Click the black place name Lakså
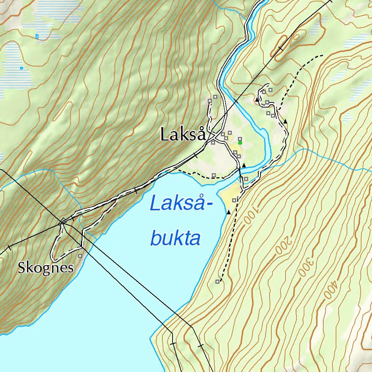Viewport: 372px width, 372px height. [183, 135]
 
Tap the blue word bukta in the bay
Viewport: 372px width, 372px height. [175, 239]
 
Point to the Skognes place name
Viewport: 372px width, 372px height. [46, 268]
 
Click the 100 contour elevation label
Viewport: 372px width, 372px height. [250, 214]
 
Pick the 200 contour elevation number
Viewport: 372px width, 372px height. [283, 244]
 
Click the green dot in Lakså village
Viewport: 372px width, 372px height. [240, 143]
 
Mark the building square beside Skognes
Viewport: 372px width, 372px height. [80, 256]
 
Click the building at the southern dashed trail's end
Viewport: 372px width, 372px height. [217, 282]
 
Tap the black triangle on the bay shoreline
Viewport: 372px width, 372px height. [229, 212]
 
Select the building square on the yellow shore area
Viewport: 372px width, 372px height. [234, 200]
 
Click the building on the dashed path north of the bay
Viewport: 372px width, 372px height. [214, 175]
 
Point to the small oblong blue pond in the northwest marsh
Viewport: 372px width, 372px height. [37, 36]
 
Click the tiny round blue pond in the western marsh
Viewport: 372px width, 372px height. [21, 68]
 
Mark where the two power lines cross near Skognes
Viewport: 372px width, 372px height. [63, 221]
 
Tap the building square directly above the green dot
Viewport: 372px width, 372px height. [240, 138]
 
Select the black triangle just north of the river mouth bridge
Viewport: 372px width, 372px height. [244, 166]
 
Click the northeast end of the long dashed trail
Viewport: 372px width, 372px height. [322, 56]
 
